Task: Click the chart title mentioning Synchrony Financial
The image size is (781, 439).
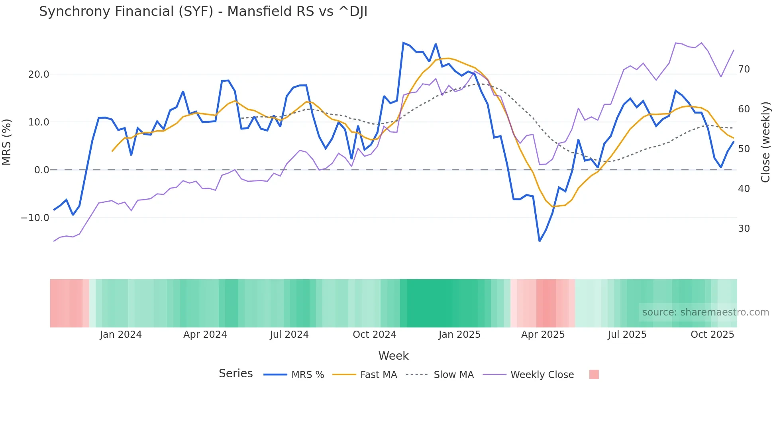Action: (203, 12)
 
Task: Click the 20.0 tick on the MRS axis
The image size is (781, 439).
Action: (39, 74)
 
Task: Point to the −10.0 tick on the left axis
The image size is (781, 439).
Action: (35, 218)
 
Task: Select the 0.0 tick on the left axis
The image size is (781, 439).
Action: (41, 170)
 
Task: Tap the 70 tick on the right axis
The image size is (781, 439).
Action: (744, 69)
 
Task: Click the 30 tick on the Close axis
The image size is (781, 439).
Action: (744, 229)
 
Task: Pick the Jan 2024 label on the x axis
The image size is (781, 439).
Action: (121, 335)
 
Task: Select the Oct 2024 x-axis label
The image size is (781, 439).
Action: (375, 335)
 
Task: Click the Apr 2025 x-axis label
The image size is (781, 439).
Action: (543, 335)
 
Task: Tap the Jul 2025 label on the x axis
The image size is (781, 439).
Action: (627, 335)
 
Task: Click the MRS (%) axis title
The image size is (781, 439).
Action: (7, 142)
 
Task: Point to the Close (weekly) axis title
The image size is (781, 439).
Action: (765, 142)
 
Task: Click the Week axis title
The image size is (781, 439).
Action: (393, 356)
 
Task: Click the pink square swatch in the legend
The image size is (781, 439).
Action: (594, 374)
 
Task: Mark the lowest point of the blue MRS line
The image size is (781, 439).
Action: (540, 241)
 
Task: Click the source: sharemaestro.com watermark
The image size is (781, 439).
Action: (705, 312)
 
